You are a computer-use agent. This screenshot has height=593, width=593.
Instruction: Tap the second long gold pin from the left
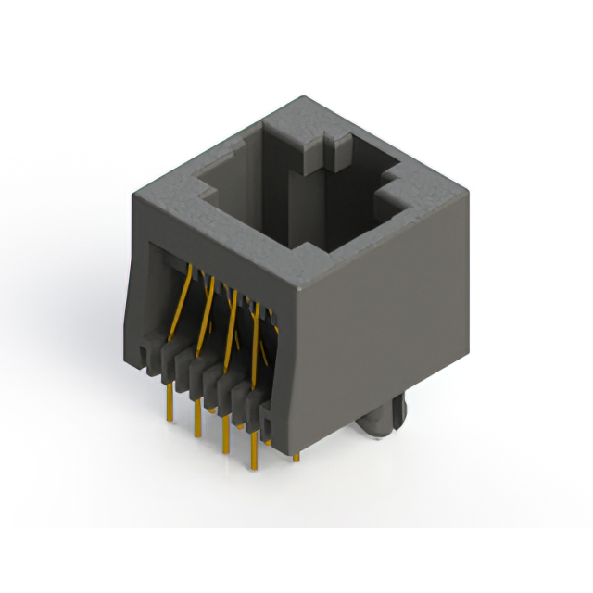click(197, 419)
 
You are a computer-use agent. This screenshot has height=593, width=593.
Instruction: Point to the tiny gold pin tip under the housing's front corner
click(296, 456)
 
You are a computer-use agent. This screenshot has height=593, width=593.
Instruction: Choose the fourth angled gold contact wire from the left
click(256, 324)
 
